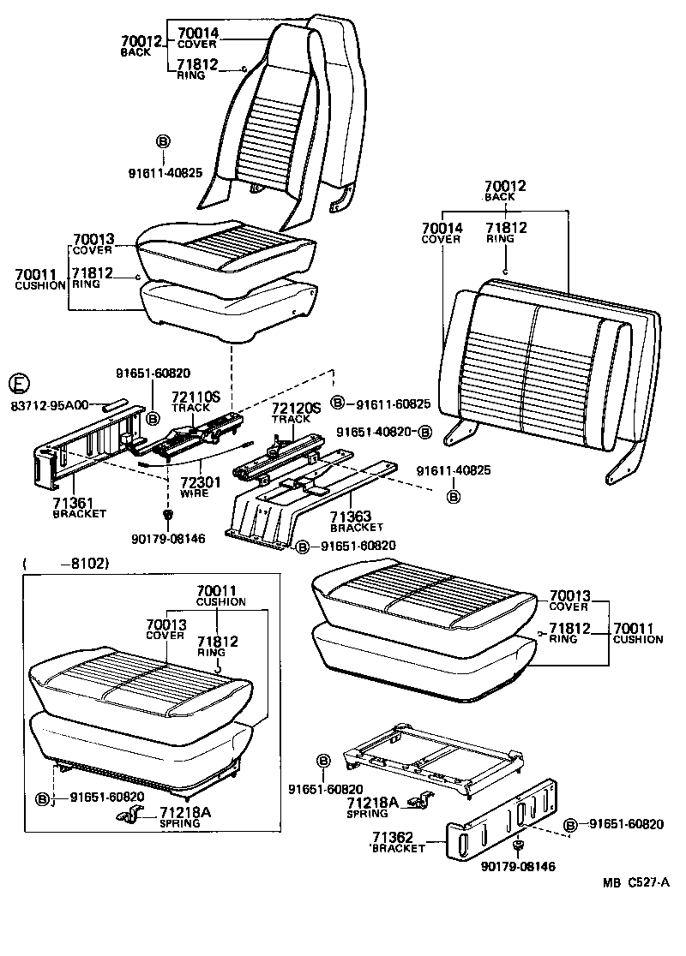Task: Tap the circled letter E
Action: tap(17, 383)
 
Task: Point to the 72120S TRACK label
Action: tap(296, 413)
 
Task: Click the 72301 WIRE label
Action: tap(200, 487)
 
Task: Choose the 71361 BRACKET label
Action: tap(79, 508)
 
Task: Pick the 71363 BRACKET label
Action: tap(356, 522)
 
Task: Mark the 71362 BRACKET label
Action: tap(399, 842)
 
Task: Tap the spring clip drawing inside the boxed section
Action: tap(131, 816)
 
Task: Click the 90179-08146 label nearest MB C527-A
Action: tap(518, 866)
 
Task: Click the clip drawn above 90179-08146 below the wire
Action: tap(168, 514)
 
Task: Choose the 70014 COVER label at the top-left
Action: tap(197, 39)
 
